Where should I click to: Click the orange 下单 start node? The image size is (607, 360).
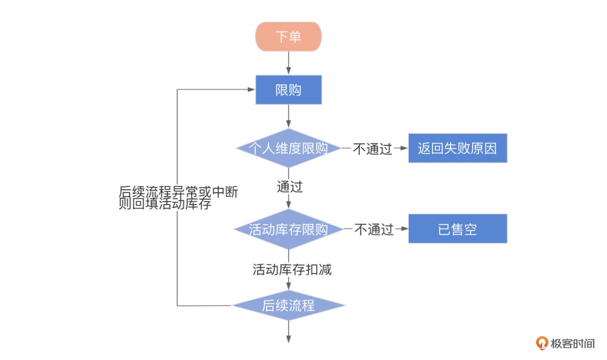point(288,36)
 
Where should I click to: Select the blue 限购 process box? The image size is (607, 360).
point(288,90)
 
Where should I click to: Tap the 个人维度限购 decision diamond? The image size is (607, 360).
point(288,148)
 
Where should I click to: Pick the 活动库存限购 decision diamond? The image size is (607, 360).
point(288,229)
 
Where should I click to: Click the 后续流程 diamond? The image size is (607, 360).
point(288,305)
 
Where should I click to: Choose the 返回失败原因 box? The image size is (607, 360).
point(457,148)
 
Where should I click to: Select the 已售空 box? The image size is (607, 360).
point(457,229)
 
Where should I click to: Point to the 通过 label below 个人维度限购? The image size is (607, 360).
point(289,187)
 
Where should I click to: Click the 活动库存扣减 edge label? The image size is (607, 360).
point(292,269)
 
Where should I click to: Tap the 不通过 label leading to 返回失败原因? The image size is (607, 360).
point(372,149)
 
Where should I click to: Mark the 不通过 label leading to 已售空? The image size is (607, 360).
point(374,229)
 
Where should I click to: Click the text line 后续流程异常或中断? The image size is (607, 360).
point(179,192)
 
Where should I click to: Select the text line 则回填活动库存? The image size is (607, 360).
point(165,204)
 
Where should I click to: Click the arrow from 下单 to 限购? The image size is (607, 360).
point(288,63)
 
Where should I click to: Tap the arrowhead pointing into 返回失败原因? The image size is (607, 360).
point(404,148)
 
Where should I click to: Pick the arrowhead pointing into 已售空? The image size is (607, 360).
point(405,229)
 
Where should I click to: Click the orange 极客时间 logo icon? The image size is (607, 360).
point(542,343)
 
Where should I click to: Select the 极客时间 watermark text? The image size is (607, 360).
point(573,343)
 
